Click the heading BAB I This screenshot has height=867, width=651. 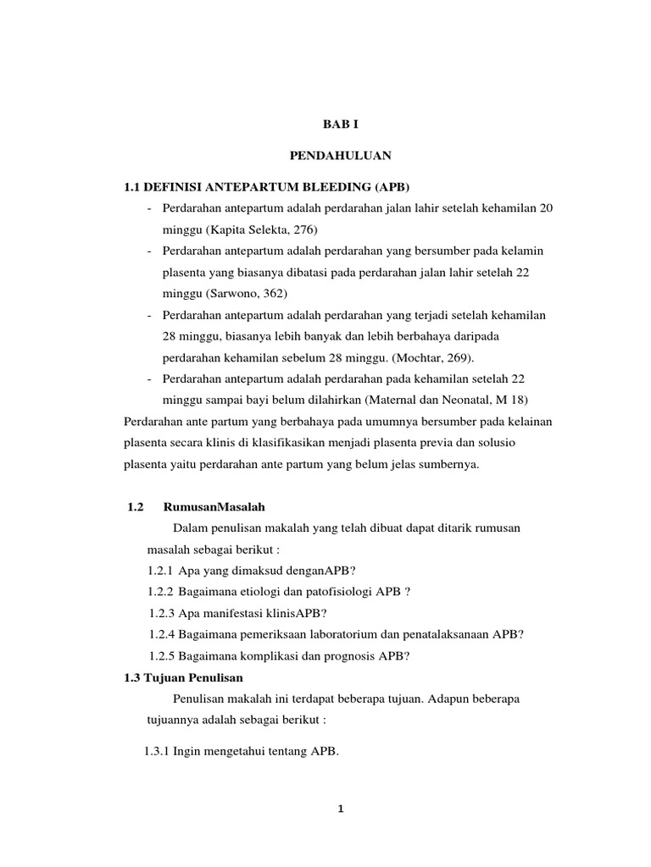coord(342,124)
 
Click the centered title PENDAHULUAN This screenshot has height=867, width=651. coord(342,156)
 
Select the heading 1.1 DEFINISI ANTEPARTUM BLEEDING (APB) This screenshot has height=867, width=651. coord(272,186)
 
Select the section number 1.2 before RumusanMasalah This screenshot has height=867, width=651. coord(136,507)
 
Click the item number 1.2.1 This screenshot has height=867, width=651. coord(160,570)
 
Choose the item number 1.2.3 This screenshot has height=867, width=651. coord(162,612)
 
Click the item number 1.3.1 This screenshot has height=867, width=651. coord(157,749)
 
